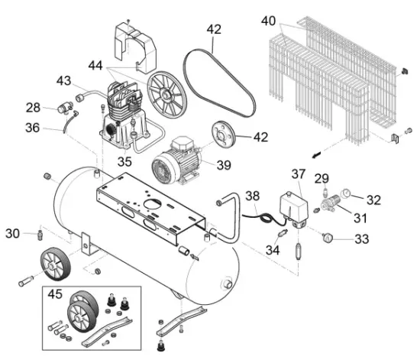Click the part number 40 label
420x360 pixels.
[x=269, y=20]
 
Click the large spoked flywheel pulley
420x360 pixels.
[x=167, y=93]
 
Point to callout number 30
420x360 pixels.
[x=12, y=232]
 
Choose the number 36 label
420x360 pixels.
[x=33, y=129]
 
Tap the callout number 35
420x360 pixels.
[x=124, y=162]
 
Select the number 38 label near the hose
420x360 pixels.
[x=253, y=196]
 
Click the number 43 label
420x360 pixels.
[x=64, y=81]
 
